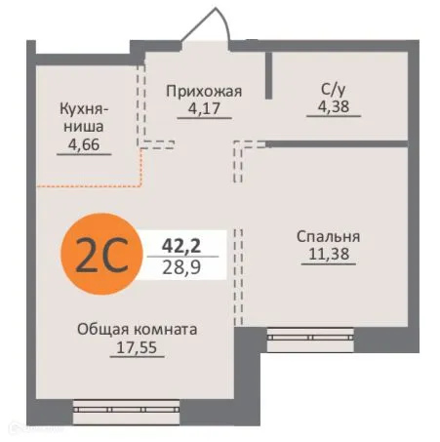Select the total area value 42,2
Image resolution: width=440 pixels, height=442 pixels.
[x=180, y=244]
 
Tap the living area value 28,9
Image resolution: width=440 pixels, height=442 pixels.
[x=181, y=265]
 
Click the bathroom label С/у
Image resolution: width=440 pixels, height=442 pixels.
[x=330, y=91]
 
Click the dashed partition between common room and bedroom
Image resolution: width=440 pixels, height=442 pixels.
[x=237, y=273]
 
